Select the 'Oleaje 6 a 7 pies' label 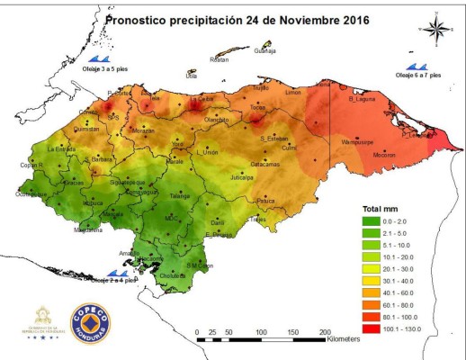[419, 76]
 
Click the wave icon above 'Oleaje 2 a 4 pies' [116, 272]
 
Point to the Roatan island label [219, 59]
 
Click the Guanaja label [264, 52]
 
